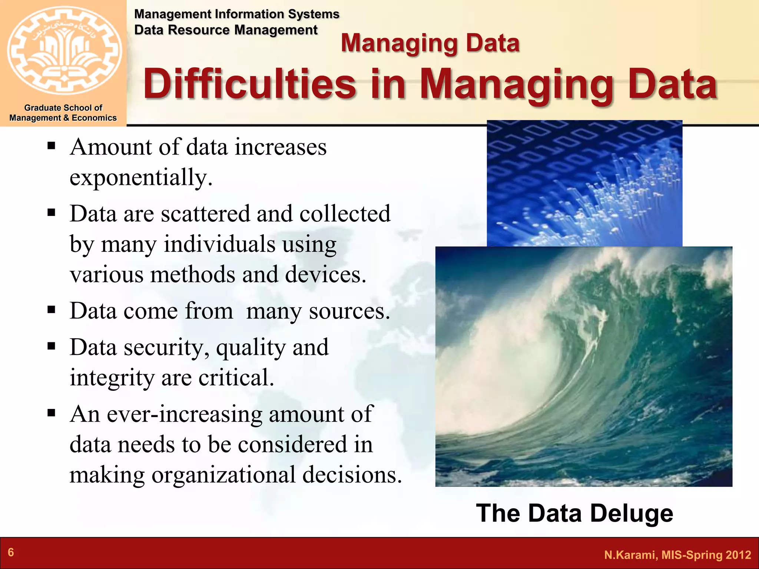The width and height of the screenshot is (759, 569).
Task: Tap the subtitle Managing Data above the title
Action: coord(430,43)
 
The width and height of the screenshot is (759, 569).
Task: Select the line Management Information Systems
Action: coord(236,14)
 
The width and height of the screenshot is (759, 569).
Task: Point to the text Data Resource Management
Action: coord(226,30)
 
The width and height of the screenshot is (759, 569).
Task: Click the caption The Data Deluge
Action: coord(574,513)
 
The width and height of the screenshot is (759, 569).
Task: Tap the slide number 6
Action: coord(11,552)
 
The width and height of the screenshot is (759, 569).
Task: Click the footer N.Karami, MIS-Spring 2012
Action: coord(677,555)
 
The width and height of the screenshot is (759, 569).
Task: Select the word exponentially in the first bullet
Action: coord(141,177)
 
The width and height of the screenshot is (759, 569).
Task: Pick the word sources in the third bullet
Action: coord(349,311)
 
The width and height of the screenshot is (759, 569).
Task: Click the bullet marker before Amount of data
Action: coord(52,146)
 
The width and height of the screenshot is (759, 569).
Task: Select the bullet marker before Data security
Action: coord(52,346)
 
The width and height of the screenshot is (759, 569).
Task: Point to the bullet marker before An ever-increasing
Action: coord(52,412)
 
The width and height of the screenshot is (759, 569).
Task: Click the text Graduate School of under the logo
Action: coord(63,108)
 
